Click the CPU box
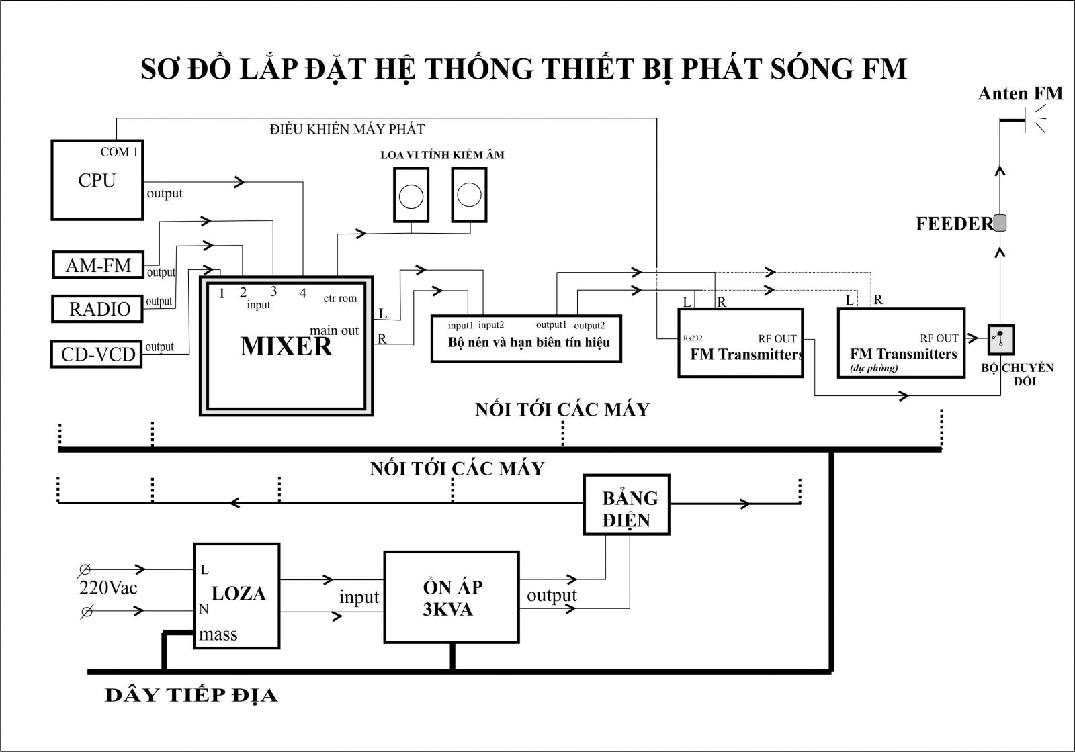click(97, 179)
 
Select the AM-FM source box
click(98, 265)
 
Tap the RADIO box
click(98, 309)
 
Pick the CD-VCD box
click(97, 354)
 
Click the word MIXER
click(286, 346)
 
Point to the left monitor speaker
click(411, 195)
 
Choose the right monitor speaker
click(469, 195)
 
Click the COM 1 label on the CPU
click(119, 152)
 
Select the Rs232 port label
click(693, 338)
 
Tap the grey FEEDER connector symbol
click(1000, 223)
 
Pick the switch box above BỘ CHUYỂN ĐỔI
click(1000, 340)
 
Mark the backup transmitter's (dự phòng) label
click(873, 368)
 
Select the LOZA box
click(236, 595)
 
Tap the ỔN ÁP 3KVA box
click(451, 597)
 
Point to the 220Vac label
click(108, 588)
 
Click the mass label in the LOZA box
click(218, 634)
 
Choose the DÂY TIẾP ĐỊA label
click(191, 695)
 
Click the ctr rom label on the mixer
click(340, 299)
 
